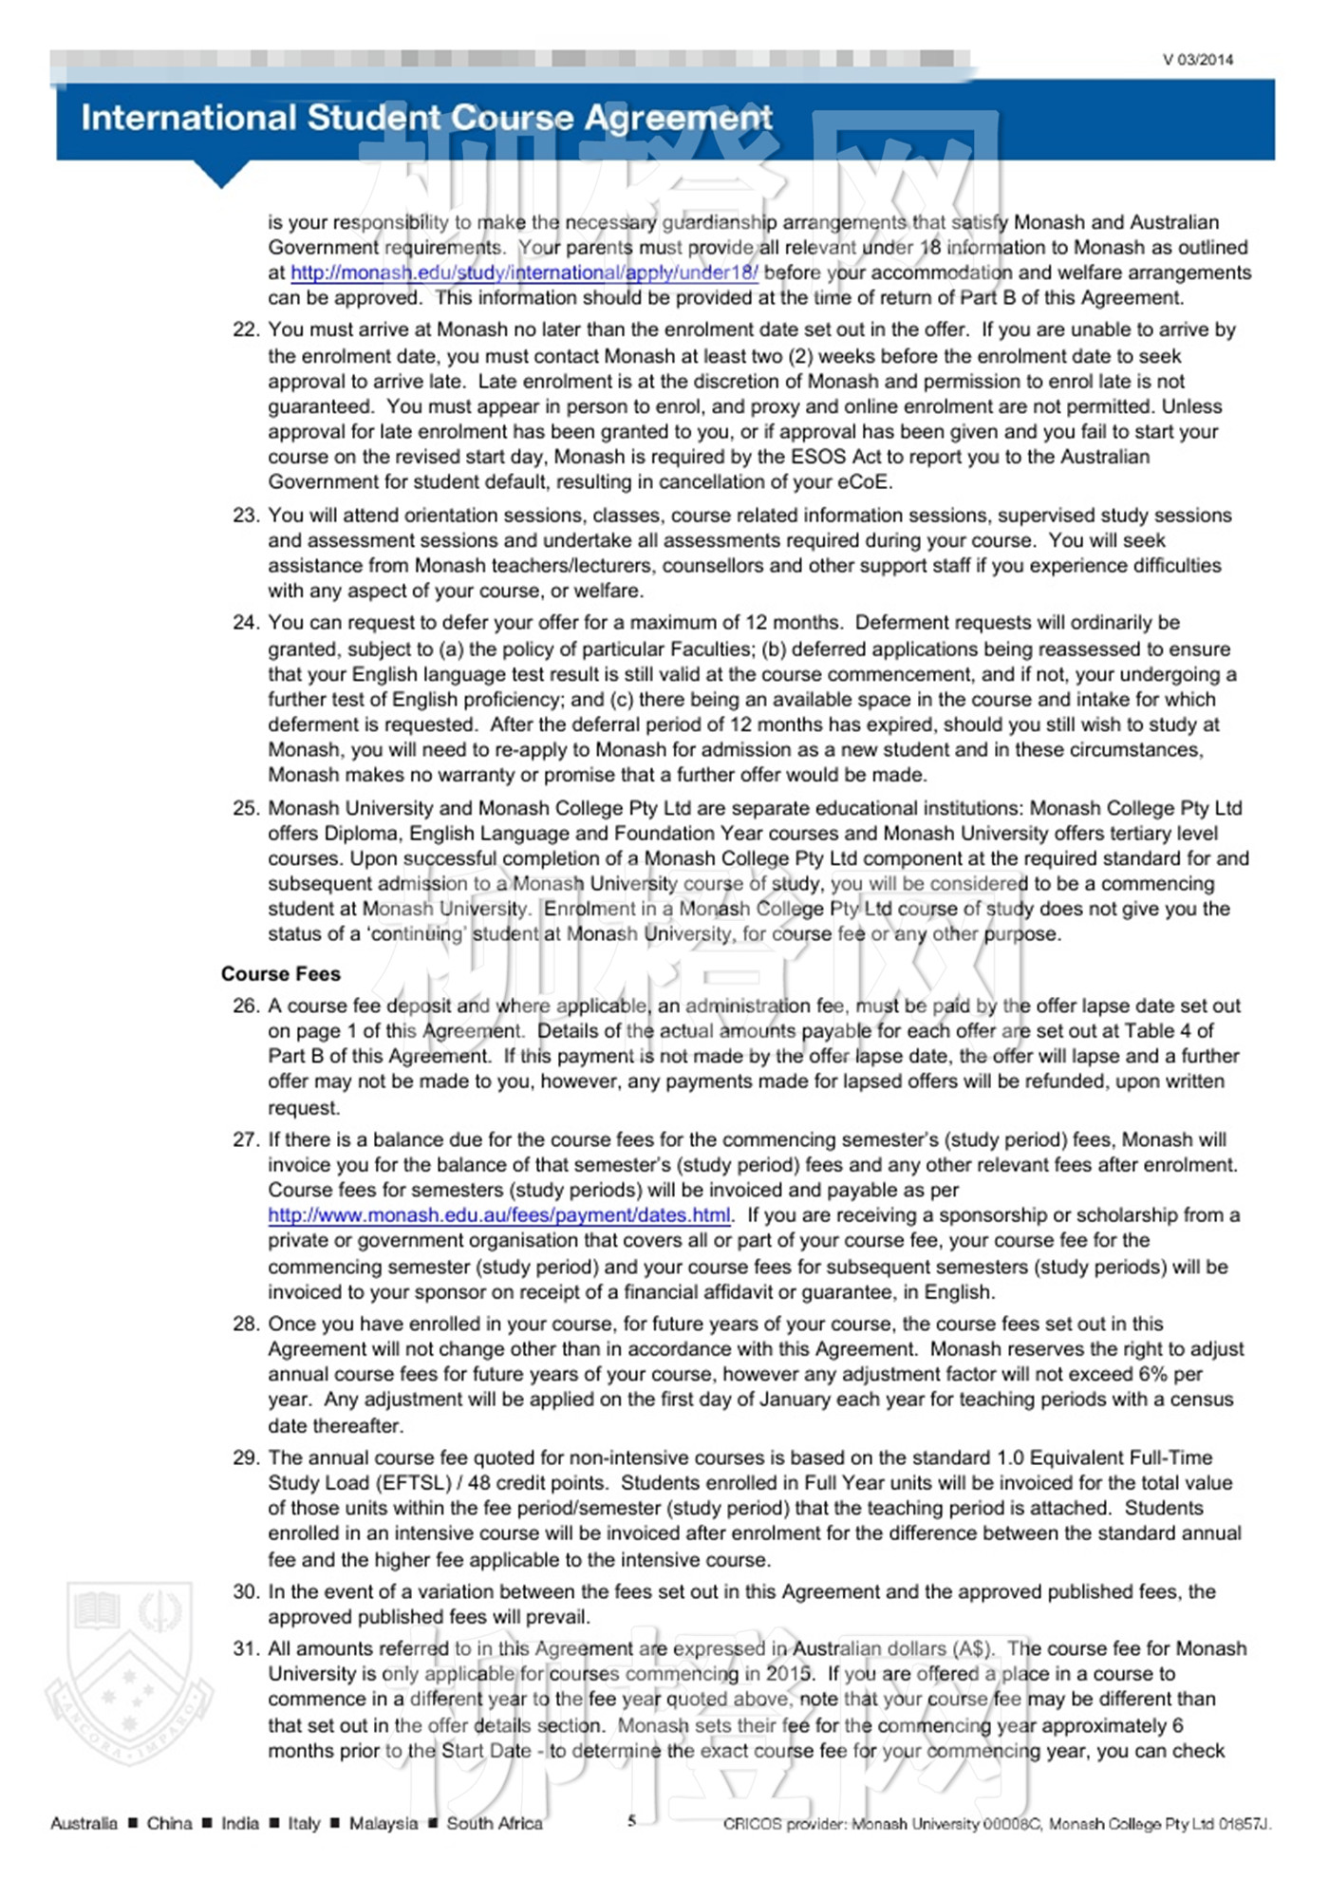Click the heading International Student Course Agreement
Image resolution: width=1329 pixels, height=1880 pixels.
point(426,118)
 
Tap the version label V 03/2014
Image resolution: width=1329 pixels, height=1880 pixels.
point(1198,60)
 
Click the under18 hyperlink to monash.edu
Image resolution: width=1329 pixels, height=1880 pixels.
point(524,273)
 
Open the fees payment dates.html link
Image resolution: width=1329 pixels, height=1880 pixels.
point(499,1215)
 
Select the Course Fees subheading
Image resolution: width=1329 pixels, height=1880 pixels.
point(280,974)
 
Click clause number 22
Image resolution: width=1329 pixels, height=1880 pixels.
point(245,330)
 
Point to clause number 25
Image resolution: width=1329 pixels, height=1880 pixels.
point(245,809)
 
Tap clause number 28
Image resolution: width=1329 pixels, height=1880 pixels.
point(245,1325)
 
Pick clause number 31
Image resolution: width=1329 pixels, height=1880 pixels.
point(245,1649)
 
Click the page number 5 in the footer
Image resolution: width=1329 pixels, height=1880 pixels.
point(631,1820)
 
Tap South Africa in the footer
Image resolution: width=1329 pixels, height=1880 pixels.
point(495,1823)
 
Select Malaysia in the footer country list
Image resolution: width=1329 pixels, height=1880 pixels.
point(383,1823)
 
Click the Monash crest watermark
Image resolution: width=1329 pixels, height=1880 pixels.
point(129,1671)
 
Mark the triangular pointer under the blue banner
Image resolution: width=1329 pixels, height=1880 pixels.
point(221,174)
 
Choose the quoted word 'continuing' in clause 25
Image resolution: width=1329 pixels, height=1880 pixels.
point(418,934)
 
